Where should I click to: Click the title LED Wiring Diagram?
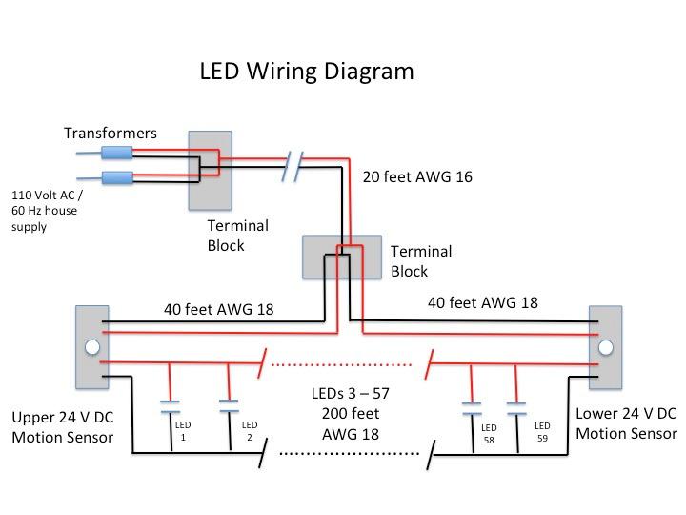[306, 72]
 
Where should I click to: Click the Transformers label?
[110, 134]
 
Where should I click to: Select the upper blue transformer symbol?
[116, 153]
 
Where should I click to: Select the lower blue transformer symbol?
[116, 176]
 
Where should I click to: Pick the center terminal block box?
[342, 257]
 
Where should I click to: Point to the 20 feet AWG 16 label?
[418, 177]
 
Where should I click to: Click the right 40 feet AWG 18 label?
[482, 303]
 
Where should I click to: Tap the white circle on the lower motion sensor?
[604, 348]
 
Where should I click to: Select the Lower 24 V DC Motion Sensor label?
[626, 423]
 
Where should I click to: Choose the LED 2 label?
[250, 430]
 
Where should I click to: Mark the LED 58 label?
[489, 433]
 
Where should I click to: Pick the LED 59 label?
[542, 431]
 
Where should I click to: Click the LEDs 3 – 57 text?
[352, 394]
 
